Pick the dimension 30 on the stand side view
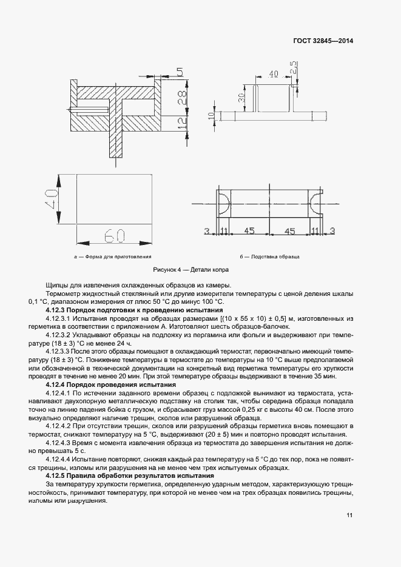(x=241, y=98)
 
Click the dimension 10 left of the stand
(x=212, y=116)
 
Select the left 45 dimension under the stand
(x=249, y=231)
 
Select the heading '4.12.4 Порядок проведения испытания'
(x=111, y=384)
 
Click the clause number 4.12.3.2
(x=58, y=334)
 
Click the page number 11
(x=350, y=515)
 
